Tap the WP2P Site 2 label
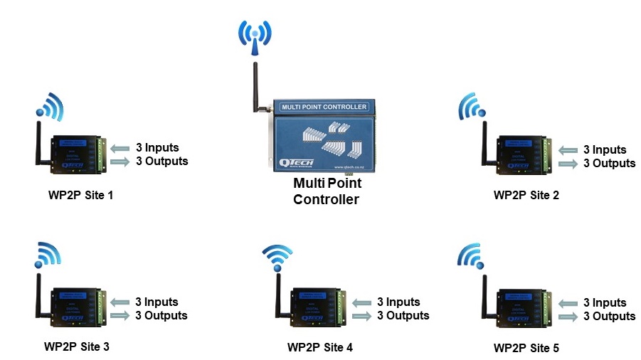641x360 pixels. [526, 195]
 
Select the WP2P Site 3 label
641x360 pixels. [76, 347]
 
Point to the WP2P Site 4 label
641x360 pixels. [319, 348]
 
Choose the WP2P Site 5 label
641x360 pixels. [526, 348]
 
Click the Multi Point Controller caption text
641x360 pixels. [327, 191]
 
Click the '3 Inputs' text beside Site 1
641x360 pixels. [157, 148]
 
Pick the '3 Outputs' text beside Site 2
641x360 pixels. [609, 163]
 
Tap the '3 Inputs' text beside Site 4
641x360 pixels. [398, 302]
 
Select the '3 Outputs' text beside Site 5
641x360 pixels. [609, 316]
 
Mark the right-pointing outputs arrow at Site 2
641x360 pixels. [568, 164]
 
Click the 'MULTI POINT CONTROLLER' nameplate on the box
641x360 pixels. [324, 107]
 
